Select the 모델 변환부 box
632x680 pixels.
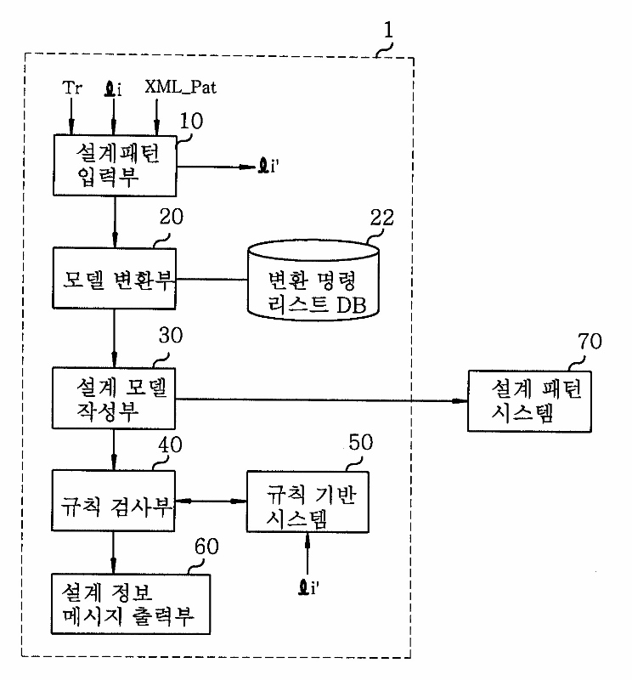[x=114, y=278]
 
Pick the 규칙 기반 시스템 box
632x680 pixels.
[x=307, y=501]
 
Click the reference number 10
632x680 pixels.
[x=191, y=121]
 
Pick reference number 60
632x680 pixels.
[x=208, y=547]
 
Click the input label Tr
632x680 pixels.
[x=73, y=88]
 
